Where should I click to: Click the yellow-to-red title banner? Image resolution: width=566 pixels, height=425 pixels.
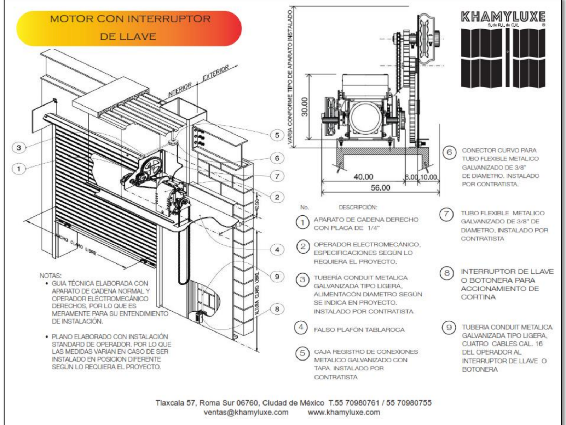coord(129,28)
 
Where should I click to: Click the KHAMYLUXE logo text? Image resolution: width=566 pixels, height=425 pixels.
coord(503,17)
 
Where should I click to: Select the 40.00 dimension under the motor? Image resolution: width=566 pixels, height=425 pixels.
coord(363,176)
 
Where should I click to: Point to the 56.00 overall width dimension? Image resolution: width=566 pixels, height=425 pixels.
coord(380,188)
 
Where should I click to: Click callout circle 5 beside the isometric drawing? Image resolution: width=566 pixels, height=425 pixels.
coord(277,135)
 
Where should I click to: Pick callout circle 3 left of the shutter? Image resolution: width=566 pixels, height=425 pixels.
coord(19,147)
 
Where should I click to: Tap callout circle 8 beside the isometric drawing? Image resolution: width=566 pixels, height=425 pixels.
coord(277,309)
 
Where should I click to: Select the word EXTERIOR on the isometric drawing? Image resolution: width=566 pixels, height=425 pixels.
coord(216,73)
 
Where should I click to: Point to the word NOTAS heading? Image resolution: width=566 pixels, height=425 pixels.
coord(50,276)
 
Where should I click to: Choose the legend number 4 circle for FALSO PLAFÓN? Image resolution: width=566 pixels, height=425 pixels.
coord(301,327)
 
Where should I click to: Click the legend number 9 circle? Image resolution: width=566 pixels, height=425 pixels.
coord(449,327)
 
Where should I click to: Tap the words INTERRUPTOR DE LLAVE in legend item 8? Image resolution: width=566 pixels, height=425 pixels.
coord(507,272)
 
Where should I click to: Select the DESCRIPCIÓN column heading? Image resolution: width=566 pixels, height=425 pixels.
coord(358,207)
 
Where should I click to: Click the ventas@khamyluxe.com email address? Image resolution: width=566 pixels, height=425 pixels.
coord(246,412)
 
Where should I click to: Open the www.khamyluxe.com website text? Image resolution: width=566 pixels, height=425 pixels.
coord(344,412)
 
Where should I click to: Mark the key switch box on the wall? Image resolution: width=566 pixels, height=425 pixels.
coord(198,316)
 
